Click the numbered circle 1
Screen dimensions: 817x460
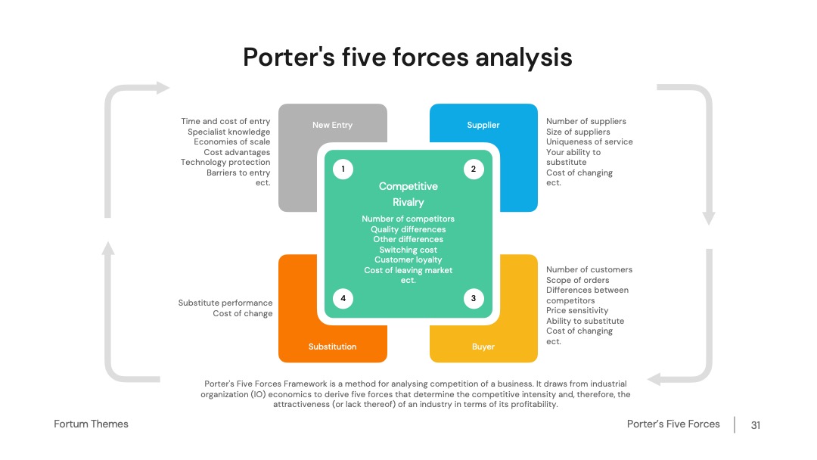coord(343,169)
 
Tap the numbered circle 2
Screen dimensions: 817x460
coord(473,169)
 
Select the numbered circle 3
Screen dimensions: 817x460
coord(473,299)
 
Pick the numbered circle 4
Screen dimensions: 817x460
coord(343,299)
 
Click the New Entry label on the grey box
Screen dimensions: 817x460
coord(332,125)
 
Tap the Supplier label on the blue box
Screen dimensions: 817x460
coord(483,125)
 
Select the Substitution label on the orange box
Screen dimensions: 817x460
coord(332,347)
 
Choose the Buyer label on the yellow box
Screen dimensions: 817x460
coord(483,347)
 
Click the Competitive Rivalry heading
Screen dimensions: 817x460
coord(408,194)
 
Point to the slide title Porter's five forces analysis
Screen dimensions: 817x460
coord(408,57)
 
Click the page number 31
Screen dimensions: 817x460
coord(756,425)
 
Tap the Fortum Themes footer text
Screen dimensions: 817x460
coord(91,424)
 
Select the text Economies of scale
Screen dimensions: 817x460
coord(232,141)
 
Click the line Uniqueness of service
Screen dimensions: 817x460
coord(589,141)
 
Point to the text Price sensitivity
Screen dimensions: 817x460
coord(576,310)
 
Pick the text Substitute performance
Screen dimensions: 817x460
coord(225,303)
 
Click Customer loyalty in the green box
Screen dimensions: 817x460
coord(408,260)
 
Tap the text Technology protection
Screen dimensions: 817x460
coord(225,162)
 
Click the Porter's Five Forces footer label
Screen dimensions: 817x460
coord(673,424)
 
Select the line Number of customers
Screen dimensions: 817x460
coord(589,269)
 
